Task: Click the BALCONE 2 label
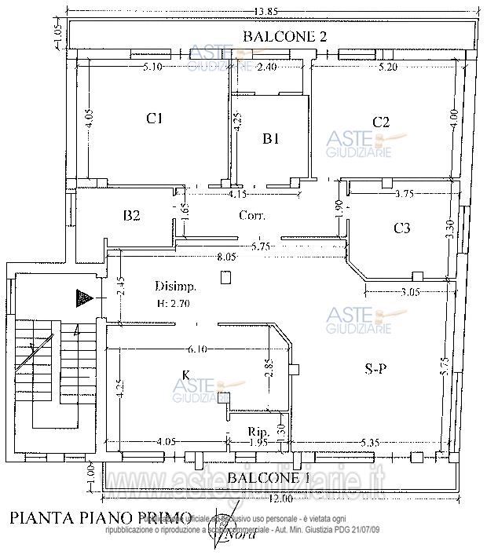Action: pos(284,36)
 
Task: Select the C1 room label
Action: pos(155,119)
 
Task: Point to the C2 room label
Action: pos(381,121)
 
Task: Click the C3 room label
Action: pos(401,228)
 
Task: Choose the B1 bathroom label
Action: pos(271,139)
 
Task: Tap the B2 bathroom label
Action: pos(131,215)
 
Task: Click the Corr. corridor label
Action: pos(251,215)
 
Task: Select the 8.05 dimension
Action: pos(226,257)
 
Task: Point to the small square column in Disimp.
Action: pos(226,276)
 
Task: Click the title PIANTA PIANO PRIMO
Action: pos(100,517)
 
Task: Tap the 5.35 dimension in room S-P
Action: pos(370,444)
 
